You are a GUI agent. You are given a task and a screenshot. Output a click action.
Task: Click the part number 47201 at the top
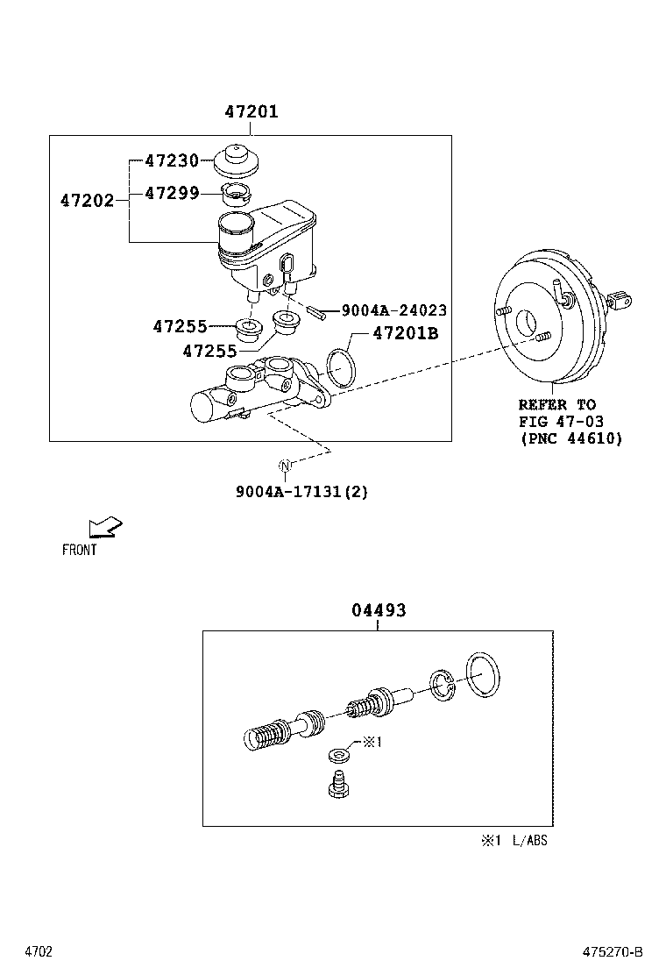tap(251, 112)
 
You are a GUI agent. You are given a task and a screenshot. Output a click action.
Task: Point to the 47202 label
tap(87, 201)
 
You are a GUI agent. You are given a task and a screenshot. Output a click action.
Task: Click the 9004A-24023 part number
tap(393, 310)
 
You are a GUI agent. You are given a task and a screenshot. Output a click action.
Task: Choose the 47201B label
tap(405, 333)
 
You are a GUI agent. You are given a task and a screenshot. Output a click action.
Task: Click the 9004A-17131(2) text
tap(301, 492)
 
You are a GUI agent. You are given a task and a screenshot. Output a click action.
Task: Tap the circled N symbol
tap(285, 465)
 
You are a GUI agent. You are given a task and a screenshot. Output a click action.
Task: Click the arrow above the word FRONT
tap(104, 528)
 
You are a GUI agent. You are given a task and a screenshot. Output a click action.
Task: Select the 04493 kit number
tap(379, 610)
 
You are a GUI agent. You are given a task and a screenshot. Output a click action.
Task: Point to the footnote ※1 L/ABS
tap(513, 841)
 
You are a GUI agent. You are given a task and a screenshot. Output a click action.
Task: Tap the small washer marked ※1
tap(338, 754)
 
